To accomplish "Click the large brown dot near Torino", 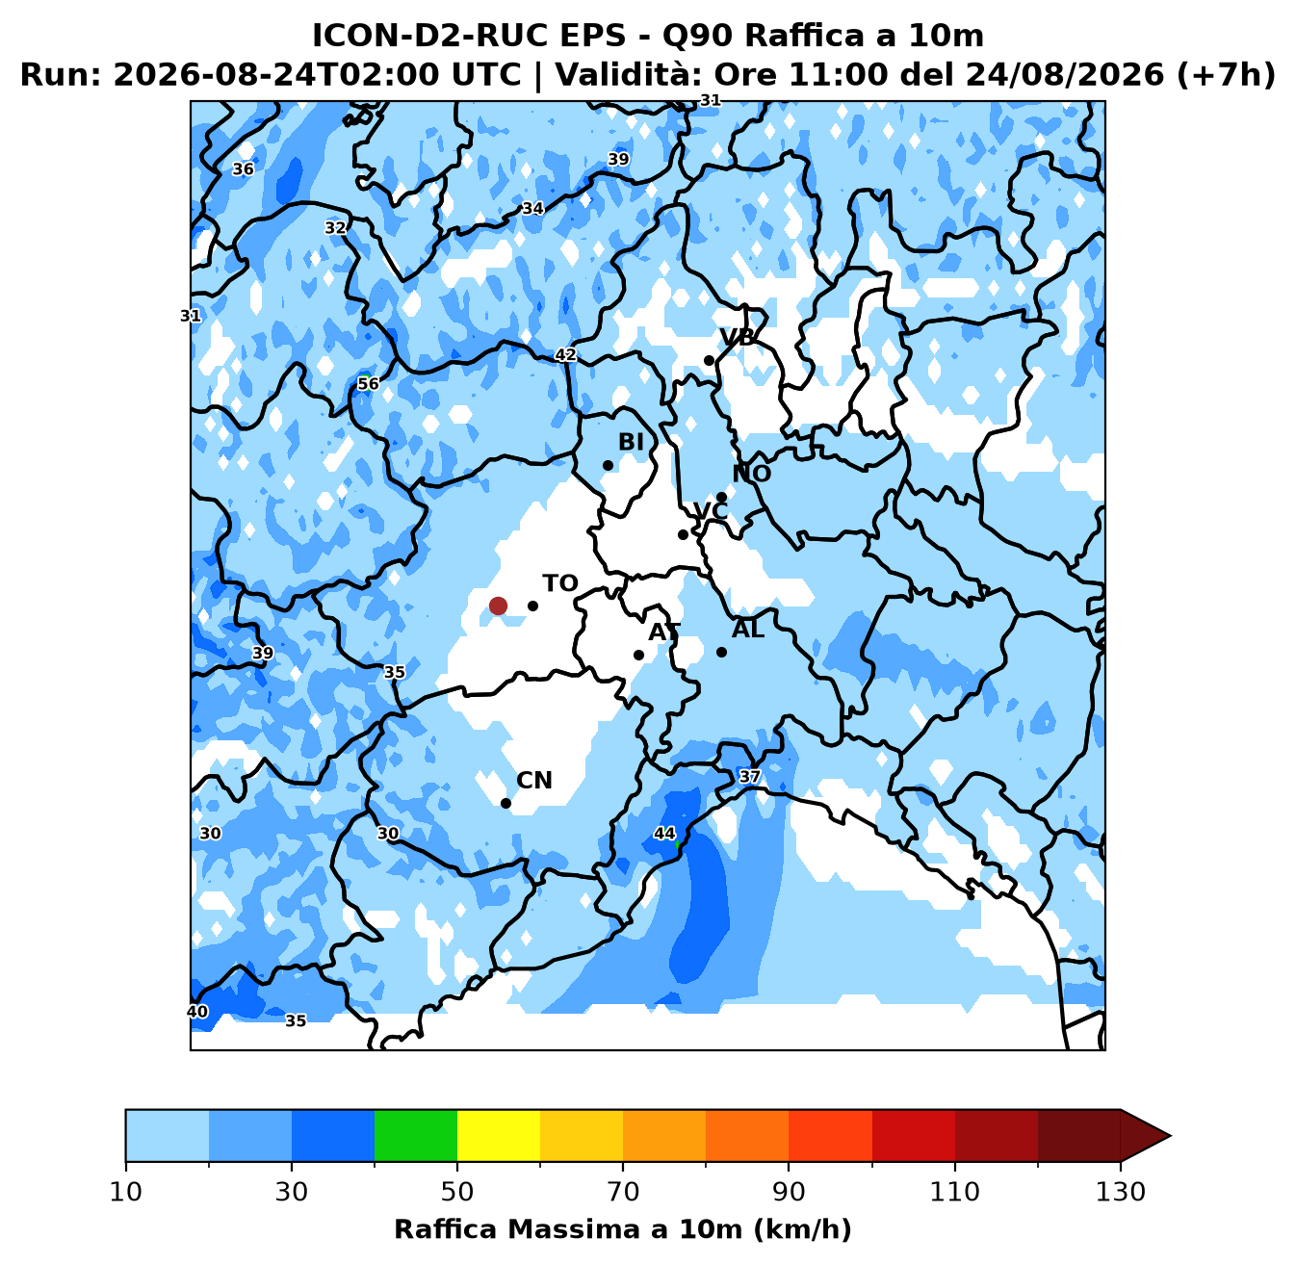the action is (498, 606).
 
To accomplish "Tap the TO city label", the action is (560, 583).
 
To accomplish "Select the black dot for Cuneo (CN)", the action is (505, 803).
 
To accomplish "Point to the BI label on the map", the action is (631, 442).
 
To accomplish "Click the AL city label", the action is (748, 630).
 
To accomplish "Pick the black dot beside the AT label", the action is (638, 655).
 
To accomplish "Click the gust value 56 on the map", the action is (368, 383).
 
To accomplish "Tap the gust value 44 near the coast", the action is (664, 833).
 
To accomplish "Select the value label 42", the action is (565, 355).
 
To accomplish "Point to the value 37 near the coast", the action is (749, 777).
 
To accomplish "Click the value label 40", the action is (197, 1012).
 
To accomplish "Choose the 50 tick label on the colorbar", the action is (456, 1192).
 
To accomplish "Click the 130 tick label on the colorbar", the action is (1120, 1192).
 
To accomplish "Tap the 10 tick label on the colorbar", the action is (126, 1192).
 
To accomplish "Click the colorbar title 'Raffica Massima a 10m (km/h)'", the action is (623, 1229).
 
